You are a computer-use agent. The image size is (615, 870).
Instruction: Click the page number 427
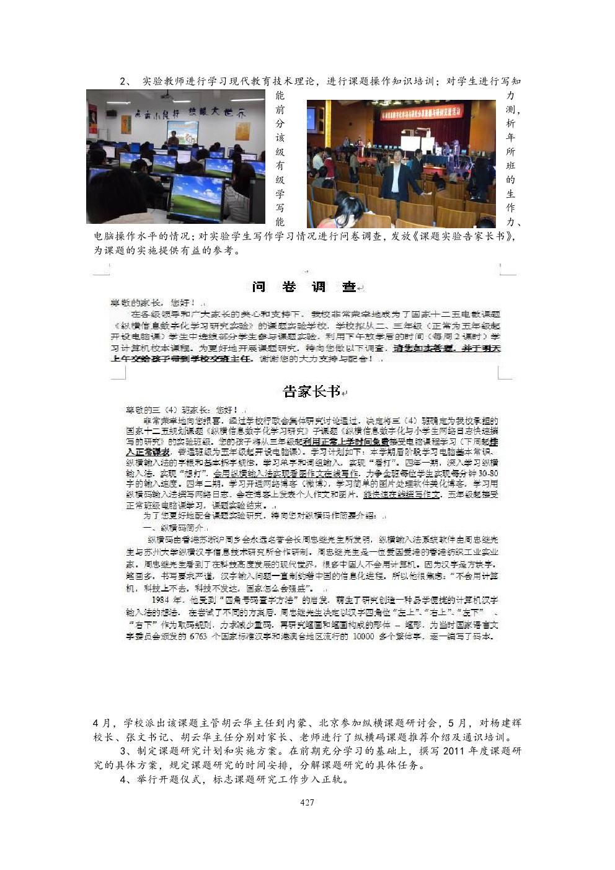(307, 802)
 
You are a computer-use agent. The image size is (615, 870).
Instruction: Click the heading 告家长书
(312, 391)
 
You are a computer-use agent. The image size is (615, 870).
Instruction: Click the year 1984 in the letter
(160, 600)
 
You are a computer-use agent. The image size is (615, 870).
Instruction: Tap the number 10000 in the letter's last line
(363, 637)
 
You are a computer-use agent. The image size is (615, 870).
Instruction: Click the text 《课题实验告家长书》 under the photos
(464, 236)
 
